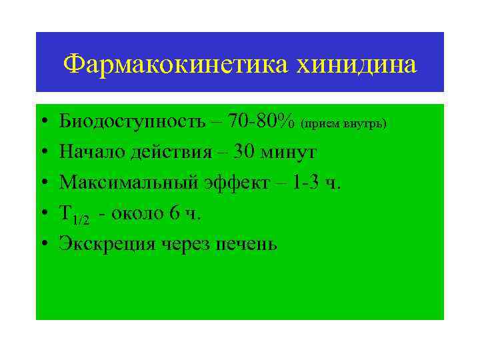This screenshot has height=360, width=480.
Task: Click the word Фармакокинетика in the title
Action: (175, 65)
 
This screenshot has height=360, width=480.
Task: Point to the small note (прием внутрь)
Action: (344, 124)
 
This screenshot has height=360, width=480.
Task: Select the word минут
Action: (288, 153)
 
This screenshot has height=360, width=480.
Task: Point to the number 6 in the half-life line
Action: (175, 214)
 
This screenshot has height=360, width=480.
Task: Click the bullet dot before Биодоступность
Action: (42, 123)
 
